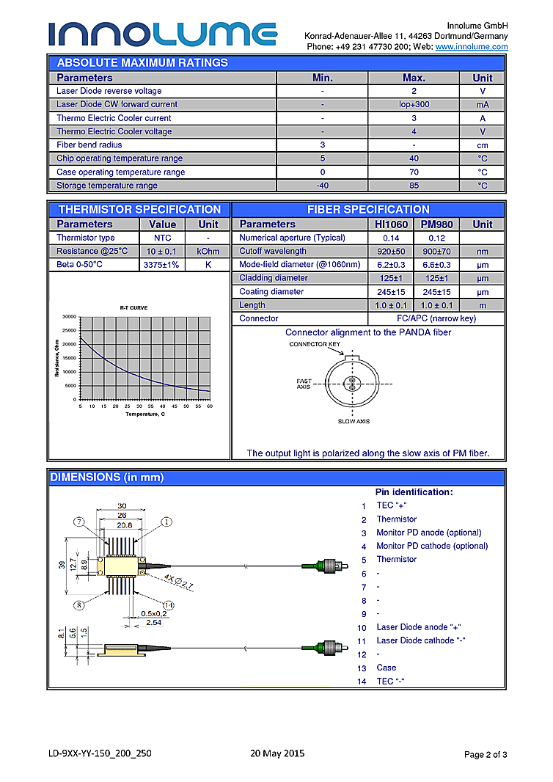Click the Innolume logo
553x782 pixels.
[x=163, y=33]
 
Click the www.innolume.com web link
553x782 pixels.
[x=472, y=47]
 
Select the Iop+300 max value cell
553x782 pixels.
[x=414, y=105]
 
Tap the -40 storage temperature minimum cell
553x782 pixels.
[x=322, y=186]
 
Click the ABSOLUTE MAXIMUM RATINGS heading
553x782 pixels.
[x=142, y=63]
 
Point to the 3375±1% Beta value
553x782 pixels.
[x=162, y=265]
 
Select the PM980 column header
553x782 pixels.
[x=437, y=224]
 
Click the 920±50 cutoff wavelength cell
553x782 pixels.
[x=390, y=252]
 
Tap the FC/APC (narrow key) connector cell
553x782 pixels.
[x=436, y=318]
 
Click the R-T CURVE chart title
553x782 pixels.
[x=133, y=307]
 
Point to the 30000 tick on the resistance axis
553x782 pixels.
[x=69, y=317]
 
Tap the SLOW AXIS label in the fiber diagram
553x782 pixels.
[x=353, y=421]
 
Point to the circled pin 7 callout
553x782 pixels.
[x=78, y=522]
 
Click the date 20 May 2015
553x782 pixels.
[x=276, y=753]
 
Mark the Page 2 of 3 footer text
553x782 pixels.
[x=486, y=754]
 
